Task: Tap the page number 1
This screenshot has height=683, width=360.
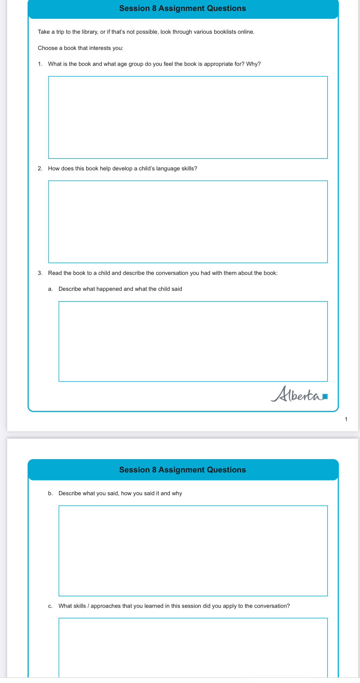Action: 346,419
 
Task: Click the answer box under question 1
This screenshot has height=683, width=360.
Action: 188,117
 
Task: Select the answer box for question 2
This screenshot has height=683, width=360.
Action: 188,222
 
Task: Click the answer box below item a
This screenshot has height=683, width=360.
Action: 193,341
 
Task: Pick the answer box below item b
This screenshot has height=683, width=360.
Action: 193,550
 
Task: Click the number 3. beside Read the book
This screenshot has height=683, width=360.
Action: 40,273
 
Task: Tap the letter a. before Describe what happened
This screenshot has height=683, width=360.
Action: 50,289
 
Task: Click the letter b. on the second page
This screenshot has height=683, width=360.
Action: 50,493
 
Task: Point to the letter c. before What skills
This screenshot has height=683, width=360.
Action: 50,606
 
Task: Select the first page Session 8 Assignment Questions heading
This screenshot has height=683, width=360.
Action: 182,8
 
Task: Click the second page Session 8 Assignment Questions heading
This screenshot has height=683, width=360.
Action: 182,470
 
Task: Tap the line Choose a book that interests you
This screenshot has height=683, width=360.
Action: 81,48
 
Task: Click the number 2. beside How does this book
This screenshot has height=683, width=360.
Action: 40,168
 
